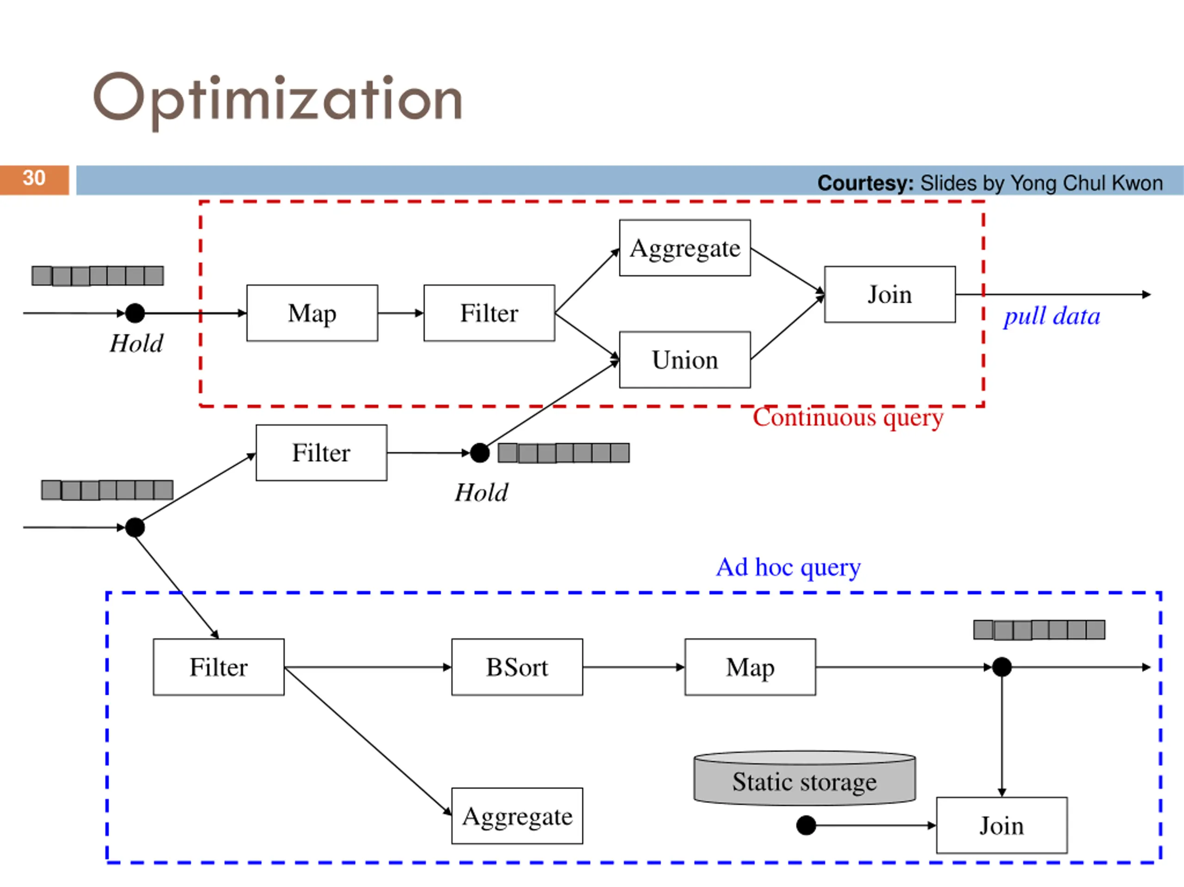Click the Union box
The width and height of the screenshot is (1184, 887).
(x=684, y=360)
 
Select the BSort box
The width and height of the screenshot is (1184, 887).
(x=517, y=667)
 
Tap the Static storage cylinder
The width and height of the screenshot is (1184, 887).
(x=804, y=781)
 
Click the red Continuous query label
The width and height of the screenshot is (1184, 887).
(x=848, y=418)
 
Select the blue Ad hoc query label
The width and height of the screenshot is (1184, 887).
(x=789, y=567)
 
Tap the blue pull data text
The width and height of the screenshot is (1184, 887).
(x=1052, y=316)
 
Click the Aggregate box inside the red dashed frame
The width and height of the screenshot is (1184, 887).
(x=684, y=248)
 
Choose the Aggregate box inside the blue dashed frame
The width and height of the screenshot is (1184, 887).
(x=517, y=816)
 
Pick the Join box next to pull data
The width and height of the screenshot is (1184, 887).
(x=889, y=294)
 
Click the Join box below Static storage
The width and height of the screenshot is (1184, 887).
(x=1001, y=825)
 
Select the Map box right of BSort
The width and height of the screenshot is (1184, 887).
(x=750, y=667)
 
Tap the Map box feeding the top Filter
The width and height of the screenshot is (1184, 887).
(x=312, y=313)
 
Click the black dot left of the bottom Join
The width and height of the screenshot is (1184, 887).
(x=806, y=825)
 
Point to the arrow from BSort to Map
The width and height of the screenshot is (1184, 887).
(x=633, y=667)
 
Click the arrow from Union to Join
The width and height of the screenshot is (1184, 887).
(x=787, y=327)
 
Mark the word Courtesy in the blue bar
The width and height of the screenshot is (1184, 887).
(x=865, y=183)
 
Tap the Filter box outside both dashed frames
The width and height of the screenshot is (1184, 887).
(x=321, y=453)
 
